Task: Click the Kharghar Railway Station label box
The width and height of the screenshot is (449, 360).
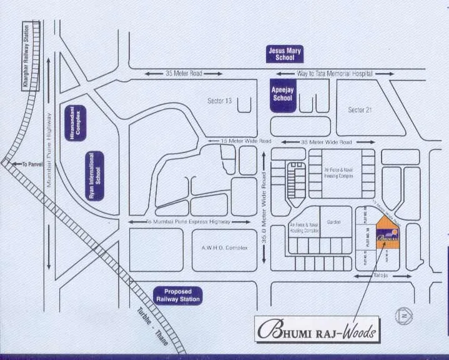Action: (27, 56)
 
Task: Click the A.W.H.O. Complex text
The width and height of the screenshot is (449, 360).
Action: (224, 248)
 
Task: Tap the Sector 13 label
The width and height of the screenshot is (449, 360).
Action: (219, 101)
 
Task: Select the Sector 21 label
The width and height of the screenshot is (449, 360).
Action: (360, 110)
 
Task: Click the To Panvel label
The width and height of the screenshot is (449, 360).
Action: (29, 164)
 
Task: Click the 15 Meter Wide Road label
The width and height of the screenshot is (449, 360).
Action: (245, 141)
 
